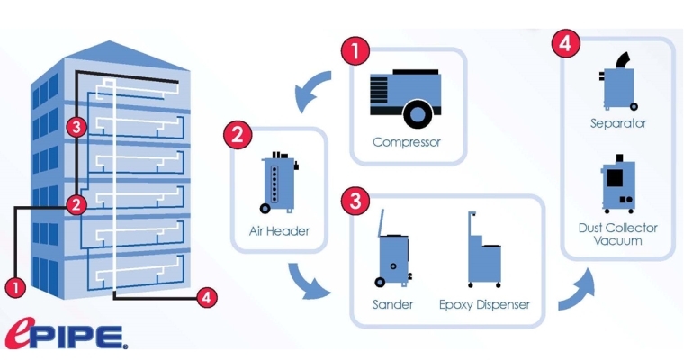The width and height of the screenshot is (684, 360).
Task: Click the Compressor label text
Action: point(407,141)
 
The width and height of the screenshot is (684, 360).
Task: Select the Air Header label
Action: point(279,231)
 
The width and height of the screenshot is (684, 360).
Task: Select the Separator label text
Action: point(618,122)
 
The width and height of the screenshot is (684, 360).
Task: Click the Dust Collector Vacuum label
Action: point(618,234)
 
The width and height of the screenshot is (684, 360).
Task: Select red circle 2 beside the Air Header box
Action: point(237,137)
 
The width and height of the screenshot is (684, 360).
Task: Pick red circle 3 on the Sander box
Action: point(355,201)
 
